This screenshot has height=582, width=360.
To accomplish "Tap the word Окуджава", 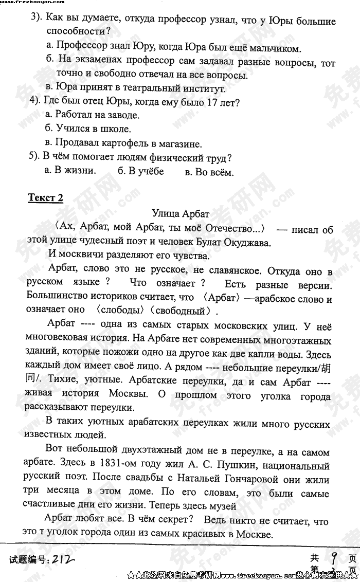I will (x=248, y=243).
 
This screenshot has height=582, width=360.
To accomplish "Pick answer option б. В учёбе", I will (x=140, y=171).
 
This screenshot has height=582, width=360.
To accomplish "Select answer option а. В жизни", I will (x=70, y=171).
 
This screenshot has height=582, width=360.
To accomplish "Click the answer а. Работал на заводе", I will (x=92, y=115).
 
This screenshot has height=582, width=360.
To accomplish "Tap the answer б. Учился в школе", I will (x=88, y=129).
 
